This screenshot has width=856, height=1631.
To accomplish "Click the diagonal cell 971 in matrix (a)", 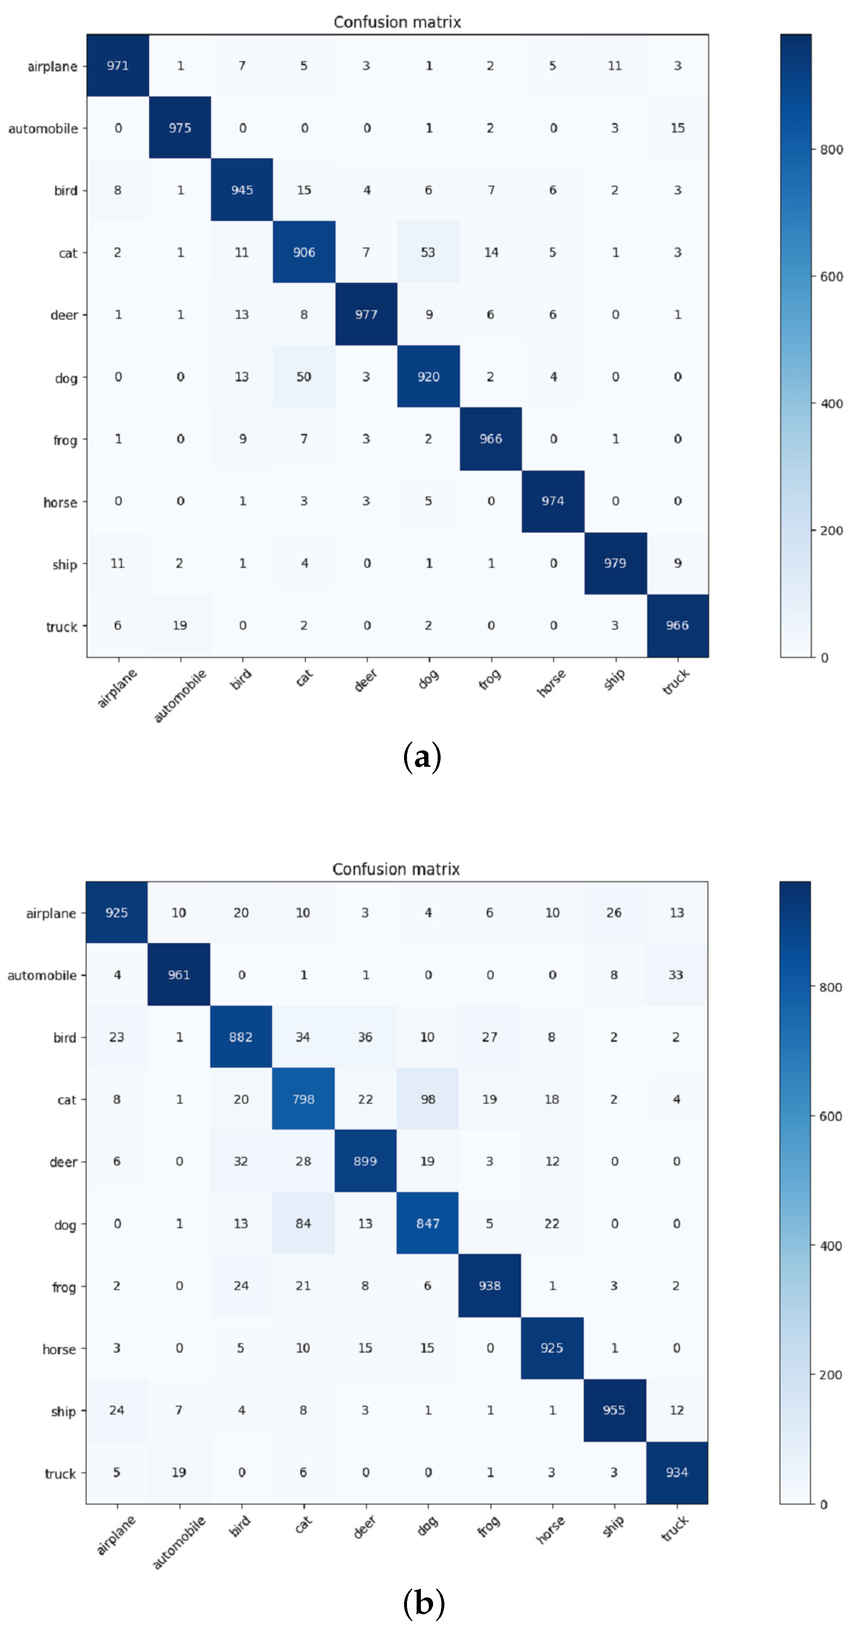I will (x=118, y=66).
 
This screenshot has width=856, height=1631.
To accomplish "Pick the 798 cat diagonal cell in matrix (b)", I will (x=303, y=1099).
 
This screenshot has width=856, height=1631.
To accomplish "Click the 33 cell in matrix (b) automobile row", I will (x=676, y=975).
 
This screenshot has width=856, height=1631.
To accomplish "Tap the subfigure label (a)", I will (x=422, y=757).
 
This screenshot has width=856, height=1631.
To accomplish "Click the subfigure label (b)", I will (x=423, y=1603).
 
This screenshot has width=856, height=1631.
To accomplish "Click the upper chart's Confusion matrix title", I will (x=397, y=22).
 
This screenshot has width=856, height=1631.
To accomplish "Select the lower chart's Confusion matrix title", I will (x=396, y=869).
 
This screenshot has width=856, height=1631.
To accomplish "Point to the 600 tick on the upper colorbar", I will (x=831, y=277).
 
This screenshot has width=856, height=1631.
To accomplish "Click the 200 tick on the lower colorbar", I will (x=830, y=1374).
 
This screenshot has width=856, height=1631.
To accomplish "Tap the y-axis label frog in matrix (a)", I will (x=65, y=440).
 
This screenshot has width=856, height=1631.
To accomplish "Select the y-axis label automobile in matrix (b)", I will (x=41, y=975).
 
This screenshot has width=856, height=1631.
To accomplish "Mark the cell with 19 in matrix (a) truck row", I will (x=180, y=626).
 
